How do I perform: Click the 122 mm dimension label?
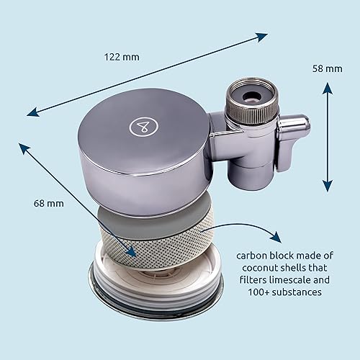(122, 57)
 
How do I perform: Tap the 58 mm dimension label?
(328, 68)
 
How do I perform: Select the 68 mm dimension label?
(49, 204)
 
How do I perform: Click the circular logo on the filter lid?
(144, 126)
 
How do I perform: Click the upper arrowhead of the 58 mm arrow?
(328, 88)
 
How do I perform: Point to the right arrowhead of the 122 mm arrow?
(262, 37)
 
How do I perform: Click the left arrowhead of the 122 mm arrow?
(33, 112)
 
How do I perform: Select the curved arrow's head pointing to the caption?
(276, 237)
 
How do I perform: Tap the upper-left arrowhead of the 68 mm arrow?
(24, 147)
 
